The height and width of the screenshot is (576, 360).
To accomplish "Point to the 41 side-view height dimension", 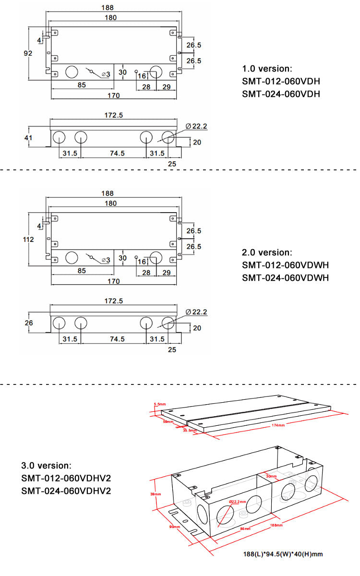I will click(x=28, y=138).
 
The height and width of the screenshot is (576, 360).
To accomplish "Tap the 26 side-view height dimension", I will click(x=28, y=323).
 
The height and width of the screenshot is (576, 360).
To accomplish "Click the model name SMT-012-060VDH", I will click(x=281, y=81).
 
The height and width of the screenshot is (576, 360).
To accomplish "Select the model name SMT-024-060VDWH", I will click(x=285, y=277).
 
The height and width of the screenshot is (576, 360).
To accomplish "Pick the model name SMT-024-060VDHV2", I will click(x=66, y=491).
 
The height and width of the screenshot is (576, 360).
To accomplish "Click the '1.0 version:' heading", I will click(x=267, y=69).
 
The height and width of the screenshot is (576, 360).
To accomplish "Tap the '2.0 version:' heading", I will click(x=267, y=252).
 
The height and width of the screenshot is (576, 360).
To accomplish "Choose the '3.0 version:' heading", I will click(x=47, y=466).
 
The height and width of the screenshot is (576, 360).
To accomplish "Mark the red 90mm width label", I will click(x=174, y=526).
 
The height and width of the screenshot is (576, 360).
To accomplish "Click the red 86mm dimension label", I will click(x=245, y=528).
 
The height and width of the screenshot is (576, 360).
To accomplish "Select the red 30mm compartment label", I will click(x=272, y=476).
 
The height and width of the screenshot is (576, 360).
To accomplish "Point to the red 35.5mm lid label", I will click(x=190, y=430).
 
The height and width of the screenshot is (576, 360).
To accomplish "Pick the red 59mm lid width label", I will click(x=168, y=421).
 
